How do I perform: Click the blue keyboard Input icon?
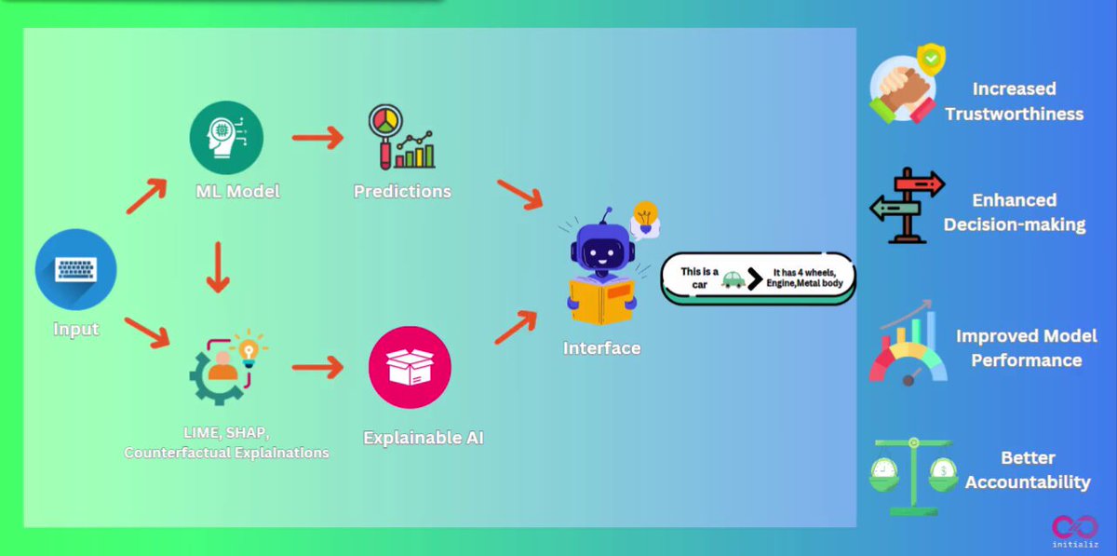pos(75,269)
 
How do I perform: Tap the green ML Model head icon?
pos(226,137)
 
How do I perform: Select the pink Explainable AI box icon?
pos(410,367)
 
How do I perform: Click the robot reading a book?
pos(603,268)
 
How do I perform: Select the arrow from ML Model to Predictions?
pos(317,138)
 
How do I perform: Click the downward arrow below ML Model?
pos(218,267)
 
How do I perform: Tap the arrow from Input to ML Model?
pos(146,197)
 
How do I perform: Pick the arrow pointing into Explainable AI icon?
pos(317,368)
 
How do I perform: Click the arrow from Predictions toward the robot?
pos(520,195)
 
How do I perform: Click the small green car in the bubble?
pos(733,279)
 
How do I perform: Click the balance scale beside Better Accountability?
pos(913,477)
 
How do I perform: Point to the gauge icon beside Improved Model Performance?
pos(908,345)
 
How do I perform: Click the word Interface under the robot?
pos(602,348)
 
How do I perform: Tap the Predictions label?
pos(402,191)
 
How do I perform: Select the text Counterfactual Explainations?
pos(226,453)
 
